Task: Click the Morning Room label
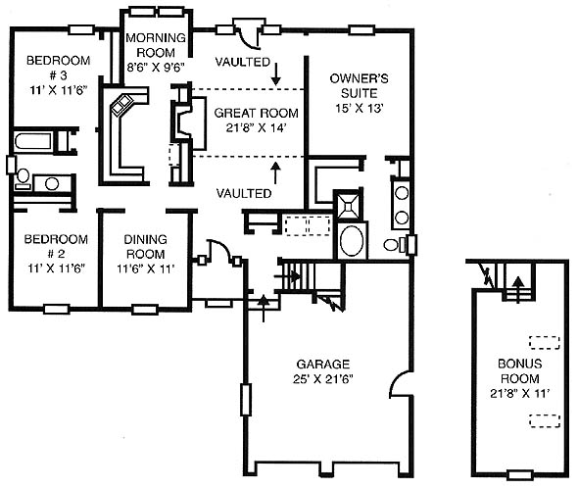point(156,45)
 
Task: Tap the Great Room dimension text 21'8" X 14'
point(257,128)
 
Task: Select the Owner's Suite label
point(359,85)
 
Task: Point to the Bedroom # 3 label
point(58,68)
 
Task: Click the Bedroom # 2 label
point(56,246)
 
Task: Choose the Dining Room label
point(145,247)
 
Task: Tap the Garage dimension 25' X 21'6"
point(323,379)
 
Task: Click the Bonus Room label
point(520,371)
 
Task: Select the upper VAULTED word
point(243,62)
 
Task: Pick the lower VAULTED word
point(244,193)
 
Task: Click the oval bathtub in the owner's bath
point(352,240)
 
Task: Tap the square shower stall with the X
point(348,204)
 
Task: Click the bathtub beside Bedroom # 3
point(32,141)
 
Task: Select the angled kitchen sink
point(122,105)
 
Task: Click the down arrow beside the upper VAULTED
point(275,73)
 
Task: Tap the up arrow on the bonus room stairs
point(518,289)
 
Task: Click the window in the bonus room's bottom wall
point(520,474)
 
